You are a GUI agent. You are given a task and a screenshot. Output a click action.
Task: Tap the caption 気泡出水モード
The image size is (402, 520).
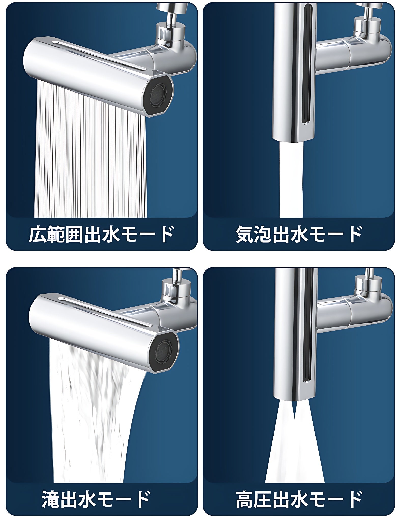point(299,234)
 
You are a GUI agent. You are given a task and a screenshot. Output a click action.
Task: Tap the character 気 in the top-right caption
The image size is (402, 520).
point(245,234)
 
